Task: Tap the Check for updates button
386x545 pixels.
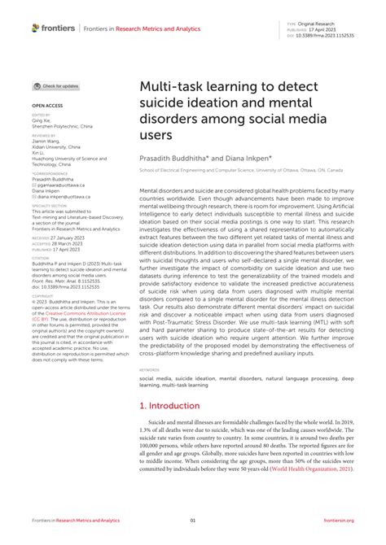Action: pos(56,85)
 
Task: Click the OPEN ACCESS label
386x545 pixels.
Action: pos(48,106)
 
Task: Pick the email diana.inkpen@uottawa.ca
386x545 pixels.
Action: pos(65,196)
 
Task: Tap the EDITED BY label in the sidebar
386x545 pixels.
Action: pos(42,116)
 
